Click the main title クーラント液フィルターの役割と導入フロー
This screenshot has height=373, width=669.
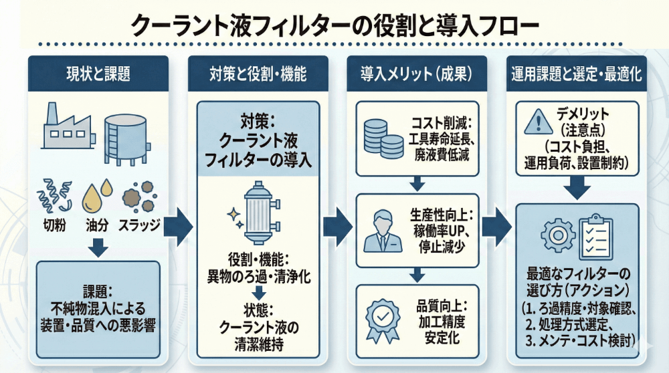click(334, 25)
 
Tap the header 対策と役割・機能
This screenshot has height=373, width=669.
click(258, 74)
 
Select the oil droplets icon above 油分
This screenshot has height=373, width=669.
click(95, 195)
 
